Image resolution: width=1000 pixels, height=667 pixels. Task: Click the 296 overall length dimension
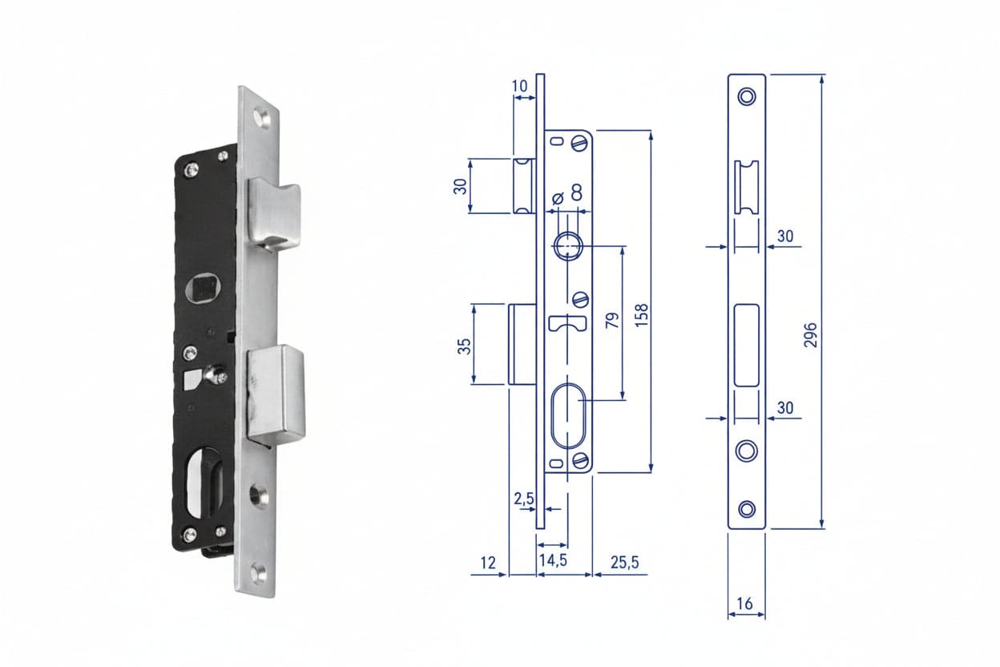click(x=810, y=335)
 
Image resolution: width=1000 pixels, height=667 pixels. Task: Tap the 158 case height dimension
click(x=642, y=315)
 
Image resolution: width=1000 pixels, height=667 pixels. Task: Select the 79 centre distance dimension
click(x=612, y=321)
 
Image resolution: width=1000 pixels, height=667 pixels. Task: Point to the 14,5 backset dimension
click(x=553, y=560)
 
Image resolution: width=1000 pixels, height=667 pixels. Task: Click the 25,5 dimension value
click(x=624, y=563)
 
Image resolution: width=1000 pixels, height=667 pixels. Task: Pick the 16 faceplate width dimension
click(x=744, y=604)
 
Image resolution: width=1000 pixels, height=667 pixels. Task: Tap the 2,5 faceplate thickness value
click(x=524, y=499)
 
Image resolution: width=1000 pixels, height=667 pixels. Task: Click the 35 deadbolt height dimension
click(x=464, y=346)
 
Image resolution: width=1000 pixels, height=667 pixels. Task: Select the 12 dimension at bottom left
click(x=488, y=563)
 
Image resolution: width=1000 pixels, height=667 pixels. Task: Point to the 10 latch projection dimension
click(x=520, y=86)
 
